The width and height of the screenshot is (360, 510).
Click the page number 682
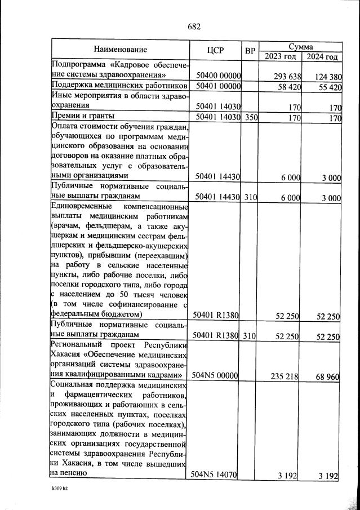(193, 26)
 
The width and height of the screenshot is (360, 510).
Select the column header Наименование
(120, 50)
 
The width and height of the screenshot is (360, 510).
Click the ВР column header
(250, 50)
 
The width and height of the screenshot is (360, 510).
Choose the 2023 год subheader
(280, 56)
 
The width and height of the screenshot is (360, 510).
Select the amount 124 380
(326, 76)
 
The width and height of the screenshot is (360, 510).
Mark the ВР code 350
(251, 118)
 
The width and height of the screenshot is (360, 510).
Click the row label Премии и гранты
(83, 117)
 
